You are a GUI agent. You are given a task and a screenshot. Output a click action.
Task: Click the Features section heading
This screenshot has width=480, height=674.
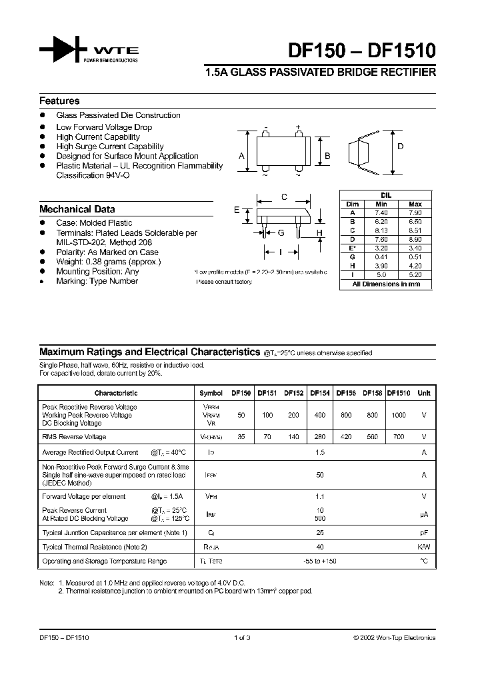(59, 101)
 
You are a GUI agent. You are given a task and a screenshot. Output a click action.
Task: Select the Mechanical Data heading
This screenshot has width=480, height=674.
(77, 209)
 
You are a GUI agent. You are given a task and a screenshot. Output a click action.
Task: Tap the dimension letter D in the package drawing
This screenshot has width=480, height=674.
(400, 147)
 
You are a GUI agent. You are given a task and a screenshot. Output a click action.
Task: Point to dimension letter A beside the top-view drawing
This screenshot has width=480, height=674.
(241, 157)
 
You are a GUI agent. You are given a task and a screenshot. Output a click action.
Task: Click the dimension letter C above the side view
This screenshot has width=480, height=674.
(284, 196)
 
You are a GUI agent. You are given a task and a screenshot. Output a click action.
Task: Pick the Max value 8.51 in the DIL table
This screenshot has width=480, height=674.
(415, 228)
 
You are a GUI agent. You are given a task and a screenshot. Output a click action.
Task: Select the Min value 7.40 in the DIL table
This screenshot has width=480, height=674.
(381, 212)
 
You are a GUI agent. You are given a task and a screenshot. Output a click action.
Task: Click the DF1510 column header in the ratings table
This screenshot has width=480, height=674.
(399, 394)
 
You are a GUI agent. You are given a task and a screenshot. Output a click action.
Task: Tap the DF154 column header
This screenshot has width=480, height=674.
(320, 394)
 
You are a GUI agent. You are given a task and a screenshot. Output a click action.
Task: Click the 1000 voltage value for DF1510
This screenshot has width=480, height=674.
(399, 415)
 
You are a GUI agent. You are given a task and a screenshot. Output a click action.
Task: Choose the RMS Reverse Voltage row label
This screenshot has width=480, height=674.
(74, 437)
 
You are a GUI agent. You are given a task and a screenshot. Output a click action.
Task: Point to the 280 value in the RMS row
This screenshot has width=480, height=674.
(320, 437)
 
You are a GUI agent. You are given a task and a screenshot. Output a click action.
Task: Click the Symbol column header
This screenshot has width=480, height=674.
(211, 394)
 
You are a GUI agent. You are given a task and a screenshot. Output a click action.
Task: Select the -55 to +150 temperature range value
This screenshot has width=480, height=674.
(320, 561)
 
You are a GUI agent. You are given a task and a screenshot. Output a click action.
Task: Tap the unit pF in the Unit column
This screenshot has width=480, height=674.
(423, 532)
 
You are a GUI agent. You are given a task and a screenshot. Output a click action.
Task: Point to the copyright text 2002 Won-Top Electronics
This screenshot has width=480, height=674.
(395, 637)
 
